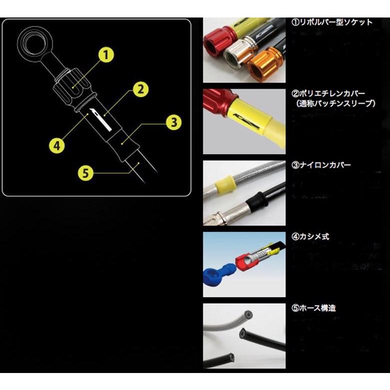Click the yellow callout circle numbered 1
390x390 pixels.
[x=106, y=54]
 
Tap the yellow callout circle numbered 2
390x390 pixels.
[x=140, y=89]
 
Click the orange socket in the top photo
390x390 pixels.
[x=264, y=64]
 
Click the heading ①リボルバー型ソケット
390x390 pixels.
[x=331, y=22]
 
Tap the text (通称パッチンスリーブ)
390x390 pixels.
[x=334, y=103]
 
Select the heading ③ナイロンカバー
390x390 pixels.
[x=321, y=164]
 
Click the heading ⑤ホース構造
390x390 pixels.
[x=313, y=307]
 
